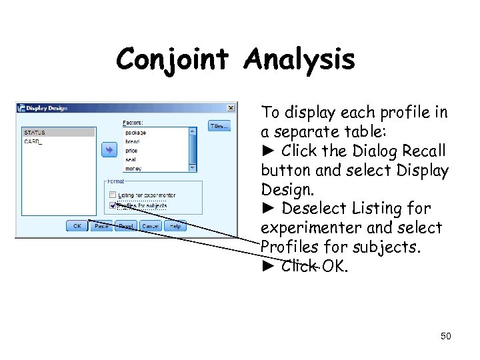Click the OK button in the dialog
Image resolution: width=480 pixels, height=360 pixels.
pyautogui.click(x=77, y=226)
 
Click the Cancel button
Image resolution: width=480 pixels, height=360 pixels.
pyautogui.click(x=151, y=226)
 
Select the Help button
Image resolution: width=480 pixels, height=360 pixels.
pyautogui.click(x=175, y=226)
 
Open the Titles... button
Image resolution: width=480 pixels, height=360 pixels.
pyautogui.click(x=219, y=125)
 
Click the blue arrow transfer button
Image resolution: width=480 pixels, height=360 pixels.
pyautogui.click(x=108, y=150)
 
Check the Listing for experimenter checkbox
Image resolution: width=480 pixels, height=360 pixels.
pyautogui.click(x=112, y=195)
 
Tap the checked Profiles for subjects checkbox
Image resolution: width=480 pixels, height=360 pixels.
pyautogui.click(x=112, y=205)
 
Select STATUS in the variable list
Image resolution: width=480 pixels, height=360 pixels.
pyautogui.click(x=35, y=133)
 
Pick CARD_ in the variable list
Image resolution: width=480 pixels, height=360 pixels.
pyautogui.click(x=33, y=142)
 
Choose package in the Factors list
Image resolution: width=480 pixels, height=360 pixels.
pyautogui.click(x=135, y=133)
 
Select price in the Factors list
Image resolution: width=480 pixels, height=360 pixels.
pyautogui.click(x=131, y=151)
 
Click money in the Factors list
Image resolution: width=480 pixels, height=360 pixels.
pyautogui.click(x=133, y=169)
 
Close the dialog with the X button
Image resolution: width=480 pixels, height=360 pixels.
pyautogui.click(x=231, y=107)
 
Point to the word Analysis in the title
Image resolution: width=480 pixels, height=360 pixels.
pyautogui.click(x=299, y=60)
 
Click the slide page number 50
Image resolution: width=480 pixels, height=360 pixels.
pyautogui.click(x=445, y=336)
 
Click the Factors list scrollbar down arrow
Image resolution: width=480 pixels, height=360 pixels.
pyautogui.click(x=193, y=168)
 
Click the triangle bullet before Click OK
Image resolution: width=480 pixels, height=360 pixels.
pyautogui.click(x=268, y=267)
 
